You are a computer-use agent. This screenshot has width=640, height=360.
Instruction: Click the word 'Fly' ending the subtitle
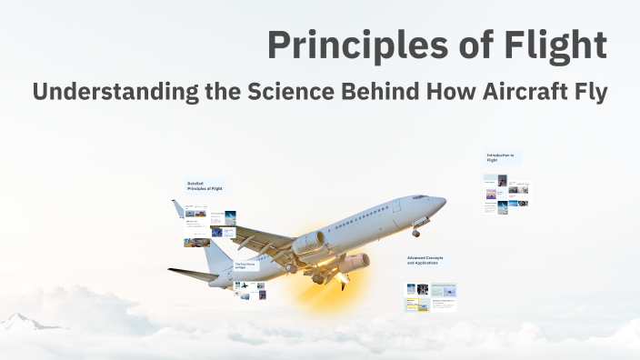(x=589, y=92)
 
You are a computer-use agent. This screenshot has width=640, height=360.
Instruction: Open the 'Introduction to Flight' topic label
(x=502, y=157)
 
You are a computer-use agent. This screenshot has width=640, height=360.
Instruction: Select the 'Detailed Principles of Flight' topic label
(x=205, y=186)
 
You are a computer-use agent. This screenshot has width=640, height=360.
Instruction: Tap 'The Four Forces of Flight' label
(x=246, y=265)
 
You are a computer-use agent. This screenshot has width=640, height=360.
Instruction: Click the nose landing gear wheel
(x=416, y=234)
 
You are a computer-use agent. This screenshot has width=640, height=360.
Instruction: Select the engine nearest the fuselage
(x=309, y=242)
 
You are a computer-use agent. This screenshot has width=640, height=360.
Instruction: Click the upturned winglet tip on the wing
(x=178, y=209)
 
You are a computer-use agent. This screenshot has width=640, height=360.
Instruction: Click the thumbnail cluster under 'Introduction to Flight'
(x=506, y=194)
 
